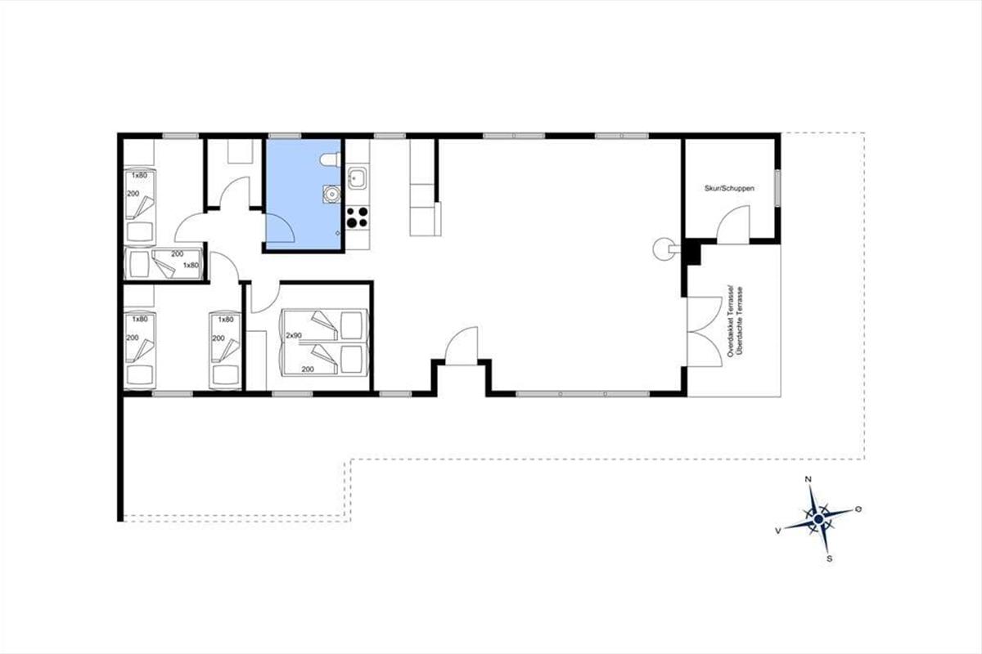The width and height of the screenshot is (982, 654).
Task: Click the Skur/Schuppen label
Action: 729,188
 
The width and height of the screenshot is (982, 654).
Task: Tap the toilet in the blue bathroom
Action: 331,159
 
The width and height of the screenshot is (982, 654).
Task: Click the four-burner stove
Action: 358,217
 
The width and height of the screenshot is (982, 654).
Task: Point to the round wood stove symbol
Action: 664,249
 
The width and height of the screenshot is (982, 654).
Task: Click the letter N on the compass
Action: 809,480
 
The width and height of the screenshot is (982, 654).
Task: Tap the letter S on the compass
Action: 830,559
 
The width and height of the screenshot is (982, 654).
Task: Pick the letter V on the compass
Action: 778,531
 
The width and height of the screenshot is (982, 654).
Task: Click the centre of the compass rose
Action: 818,519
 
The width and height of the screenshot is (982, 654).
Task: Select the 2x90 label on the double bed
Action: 294,335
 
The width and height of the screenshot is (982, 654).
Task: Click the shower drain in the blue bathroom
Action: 337,233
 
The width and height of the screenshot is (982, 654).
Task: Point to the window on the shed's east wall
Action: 777,188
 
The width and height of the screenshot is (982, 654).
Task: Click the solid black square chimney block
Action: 693,254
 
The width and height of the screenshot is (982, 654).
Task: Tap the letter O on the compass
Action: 858,509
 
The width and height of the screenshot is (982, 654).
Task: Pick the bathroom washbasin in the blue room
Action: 331,194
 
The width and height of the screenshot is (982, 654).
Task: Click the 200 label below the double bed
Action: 308,370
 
